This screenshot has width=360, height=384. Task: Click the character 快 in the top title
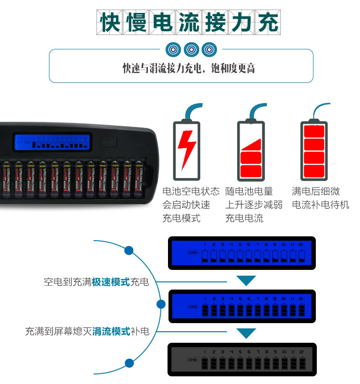click(x=110, y=23)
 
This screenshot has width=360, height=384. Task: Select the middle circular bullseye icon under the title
click(x=192, y=49)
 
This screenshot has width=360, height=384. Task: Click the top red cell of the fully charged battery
click(x=314, y=130)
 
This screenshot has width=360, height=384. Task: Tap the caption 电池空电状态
click(x=191, y=191)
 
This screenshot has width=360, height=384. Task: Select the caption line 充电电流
click(x=244, y=219)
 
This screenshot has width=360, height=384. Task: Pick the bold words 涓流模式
click(x=111, y=331)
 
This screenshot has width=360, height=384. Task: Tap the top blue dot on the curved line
click(x=129, y=250)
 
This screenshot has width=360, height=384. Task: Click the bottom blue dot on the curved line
click(x=129, y=363)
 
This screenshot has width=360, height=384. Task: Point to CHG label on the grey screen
click(x=193, y=360)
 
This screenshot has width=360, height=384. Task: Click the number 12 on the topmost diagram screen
click(x=300, y=244)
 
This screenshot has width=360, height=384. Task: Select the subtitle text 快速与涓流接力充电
click(x=166, y=69)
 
